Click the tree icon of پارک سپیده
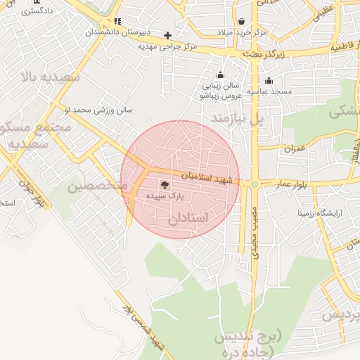(x=165, y=186)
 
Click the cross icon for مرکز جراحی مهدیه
(x=167, y=35)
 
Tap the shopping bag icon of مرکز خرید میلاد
(x=242, y=22)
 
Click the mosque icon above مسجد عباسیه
(x=269, y=80)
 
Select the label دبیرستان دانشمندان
(x=117, y=32)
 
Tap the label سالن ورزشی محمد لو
(x=98, y=110)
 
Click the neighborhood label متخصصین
(x=97, y=186)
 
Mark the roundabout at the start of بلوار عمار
(x=255, y=184)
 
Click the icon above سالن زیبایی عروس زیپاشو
(x=221, y=75)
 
